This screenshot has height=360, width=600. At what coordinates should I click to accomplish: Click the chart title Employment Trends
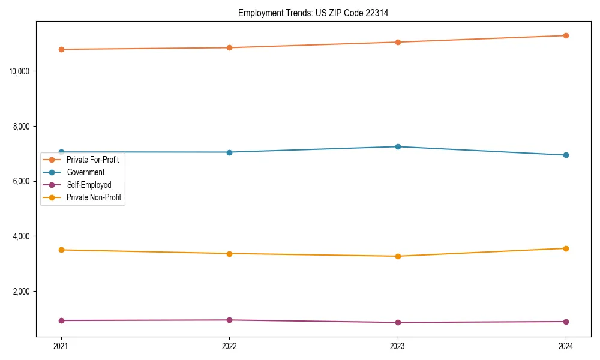click(x=313, y=13)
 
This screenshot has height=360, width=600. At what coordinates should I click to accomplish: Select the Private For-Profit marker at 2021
click(x=61, y=49)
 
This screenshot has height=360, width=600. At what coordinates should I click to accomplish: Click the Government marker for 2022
click(x=229, y=152)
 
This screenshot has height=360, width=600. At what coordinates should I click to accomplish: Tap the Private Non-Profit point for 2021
click(x=61, y=250)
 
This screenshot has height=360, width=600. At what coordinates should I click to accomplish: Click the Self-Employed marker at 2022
click(x=229, y=320)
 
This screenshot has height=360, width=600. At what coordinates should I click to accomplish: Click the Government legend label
click(x=85, y=172)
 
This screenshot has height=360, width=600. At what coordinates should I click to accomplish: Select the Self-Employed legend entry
click(x=89, y=185)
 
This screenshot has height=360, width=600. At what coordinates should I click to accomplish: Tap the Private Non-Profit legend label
click(x=94, y=197)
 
